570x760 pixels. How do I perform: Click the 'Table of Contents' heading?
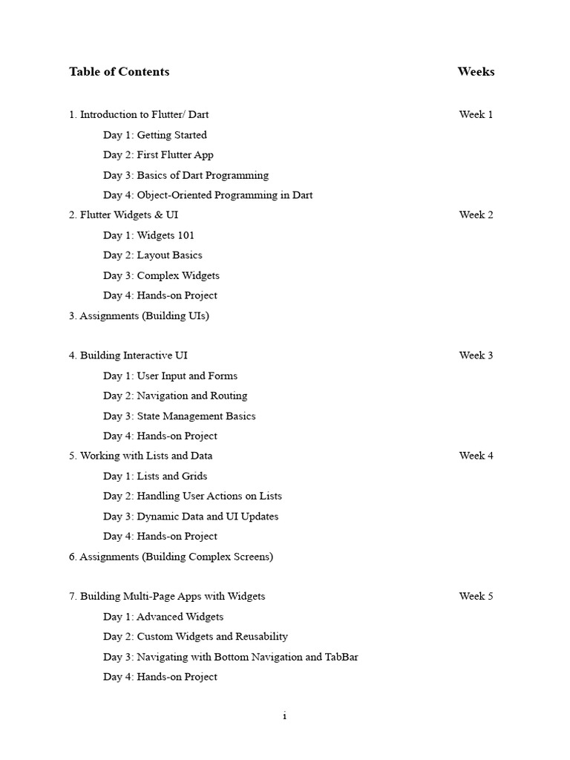[119, 72]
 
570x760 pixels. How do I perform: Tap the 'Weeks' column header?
[476, 72]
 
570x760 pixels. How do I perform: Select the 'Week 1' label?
[476, 114]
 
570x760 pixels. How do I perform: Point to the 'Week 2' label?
[476, 214]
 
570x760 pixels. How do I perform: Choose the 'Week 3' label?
[476, 355]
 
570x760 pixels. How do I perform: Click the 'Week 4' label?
[476, 456]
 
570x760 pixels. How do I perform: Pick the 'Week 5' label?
[476, 596]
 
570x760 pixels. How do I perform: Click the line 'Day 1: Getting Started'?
[154, 135]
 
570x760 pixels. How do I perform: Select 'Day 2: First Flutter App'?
[158, 155]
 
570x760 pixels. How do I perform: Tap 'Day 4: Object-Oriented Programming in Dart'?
[208, 195]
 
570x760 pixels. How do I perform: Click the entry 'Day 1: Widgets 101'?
[148, 235]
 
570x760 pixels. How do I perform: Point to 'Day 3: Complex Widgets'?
[161, 275]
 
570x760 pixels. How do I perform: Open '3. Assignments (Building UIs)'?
[139, 315]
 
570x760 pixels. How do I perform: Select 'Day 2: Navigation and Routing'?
[175, 396]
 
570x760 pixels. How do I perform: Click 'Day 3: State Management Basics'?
[179, 416]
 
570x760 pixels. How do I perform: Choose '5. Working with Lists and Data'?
[140, 456]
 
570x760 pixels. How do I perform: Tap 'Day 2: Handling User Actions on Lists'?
[192, 496]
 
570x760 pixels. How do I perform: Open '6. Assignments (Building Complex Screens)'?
[171, 557]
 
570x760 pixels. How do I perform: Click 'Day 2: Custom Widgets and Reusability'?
[195, 636]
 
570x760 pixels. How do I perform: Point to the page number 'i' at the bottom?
[284, 716]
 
